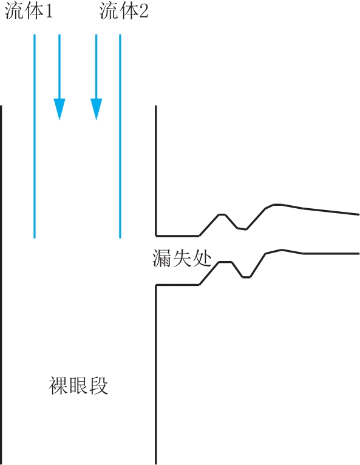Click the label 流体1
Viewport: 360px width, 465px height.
pos(29,12)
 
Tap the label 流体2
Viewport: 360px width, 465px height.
pos(124,12)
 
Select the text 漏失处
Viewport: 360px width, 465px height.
pos(182,259)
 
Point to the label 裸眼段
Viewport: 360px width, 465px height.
pos(78,385)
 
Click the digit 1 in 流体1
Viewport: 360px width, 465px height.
pos(49,12)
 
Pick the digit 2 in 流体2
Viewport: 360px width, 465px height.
pos(143,12)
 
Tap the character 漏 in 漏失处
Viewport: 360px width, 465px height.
pos(162,259)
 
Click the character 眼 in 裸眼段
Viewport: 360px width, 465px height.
pos(78,385)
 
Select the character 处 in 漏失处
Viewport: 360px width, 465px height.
pos(202,259)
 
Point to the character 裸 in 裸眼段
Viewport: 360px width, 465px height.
pos(58,385)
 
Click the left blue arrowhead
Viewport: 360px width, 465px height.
pos(59,109)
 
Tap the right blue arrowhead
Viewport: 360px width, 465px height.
pos(96,109)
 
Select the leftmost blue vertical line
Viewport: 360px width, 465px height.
pos(35,136)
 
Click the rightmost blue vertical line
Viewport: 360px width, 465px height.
pos(120,136)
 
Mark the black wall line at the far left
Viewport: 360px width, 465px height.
pos(1,285)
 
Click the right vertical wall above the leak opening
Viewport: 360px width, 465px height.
pos(155,171)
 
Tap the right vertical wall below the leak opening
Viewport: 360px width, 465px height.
pos(155,375)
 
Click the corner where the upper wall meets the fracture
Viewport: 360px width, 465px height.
pos(155,236)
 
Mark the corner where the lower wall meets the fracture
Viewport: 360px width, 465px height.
pos(155,285)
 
